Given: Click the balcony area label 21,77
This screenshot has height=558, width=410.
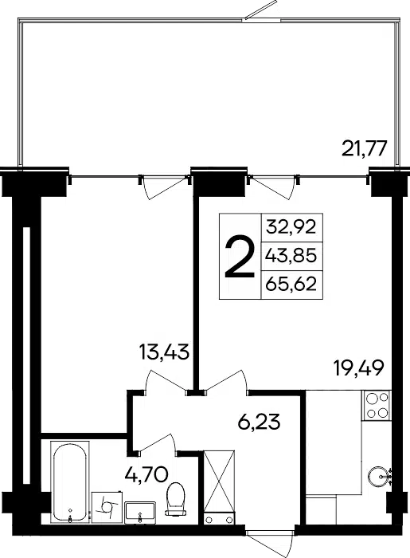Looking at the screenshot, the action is click(x=364, y=148).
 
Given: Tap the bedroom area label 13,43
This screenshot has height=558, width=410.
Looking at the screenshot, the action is click(x=164, y=352).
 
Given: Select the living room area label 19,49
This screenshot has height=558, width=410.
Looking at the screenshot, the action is click(x=359, y=368).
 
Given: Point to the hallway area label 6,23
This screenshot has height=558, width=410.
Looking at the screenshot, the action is click(x=259, y=422).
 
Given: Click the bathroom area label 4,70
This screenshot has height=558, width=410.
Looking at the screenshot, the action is click(x=146, y=474).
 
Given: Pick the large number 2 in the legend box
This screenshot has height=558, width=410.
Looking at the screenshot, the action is click(x=240, y=256).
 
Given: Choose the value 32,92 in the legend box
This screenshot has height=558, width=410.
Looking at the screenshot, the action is click(x=291, y=226).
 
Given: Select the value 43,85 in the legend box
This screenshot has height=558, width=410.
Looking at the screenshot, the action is click(x=291, y=255).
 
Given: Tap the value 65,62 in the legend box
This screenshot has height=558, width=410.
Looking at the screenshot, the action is click(x=291, y=284).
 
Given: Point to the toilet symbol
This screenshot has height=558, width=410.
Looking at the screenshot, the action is click(x=176, y=498).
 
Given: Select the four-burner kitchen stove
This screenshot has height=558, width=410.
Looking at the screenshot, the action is click(x=377, y=405).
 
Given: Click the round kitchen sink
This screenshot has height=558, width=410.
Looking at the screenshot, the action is click(x=379, y=475).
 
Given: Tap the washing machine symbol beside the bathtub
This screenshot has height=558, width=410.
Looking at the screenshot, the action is click(x=107, y=507).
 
